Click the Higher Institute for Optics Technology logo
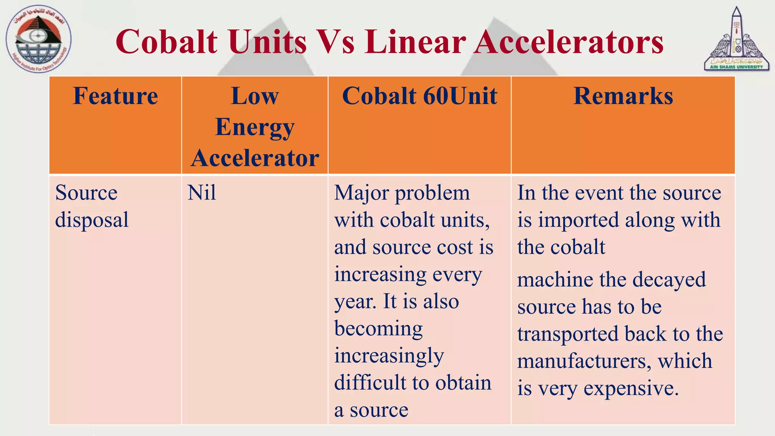(38, 39)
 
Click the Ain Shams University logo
(736, 40)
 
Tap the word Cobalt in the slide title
(167, 42)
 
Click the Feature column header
(115, 96)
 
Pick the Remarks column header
(623, 96)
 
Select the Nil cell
(202, 193)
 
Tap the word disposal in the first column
(92, 220)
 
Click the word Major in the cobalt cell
(361, 193)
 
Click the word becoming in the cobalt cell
(378, 329)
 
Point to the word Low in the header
(255, 96)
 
